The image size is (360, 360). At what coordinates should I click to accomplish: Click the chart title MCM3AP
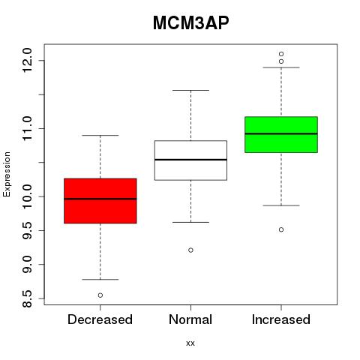point(190,23)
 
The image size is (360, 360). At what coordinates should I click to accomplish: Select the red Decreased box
point(100,201)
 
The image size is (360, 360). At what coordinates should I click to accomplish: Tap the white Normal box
point(190,160)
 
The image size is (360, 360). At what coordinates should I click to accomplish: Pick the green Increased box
point(281,134)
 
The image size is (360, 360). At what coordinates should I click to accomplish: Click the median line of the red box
point(100,199)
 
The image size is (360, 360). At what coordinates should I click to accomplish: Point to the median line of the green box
point(281,133)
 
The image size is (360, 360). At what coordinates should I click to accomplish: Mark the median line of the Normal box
point(190,160)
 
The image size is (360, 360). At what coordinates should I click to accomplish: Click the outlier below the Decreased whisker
point(100,295)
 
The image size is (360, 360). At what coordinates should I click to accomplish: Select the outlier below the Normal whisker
point(190,250)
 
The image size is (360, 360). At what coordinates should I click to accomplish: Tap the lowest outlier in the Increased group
point(281,229)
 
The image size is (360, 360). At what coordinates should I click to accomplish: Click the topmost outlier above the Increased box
point(281,54)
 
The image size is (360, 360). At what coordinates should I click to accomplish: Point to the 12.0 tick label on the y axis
point(27,60)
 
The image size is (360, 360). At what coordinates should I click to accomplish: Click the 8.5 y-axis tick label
point(27,298)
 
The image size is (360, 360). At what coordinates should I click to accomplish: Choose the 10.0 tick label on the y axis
point(27,196)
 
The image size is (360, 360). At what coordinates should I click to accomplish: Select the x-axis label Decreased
point(100,319)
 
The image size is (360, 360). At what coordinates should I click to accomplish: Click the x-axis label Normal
point(190,319)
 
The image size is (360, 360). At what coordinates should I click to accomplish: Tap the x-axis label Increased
point(281,319)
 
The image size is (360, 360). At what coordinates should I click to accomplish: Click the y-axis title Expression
point(7,174)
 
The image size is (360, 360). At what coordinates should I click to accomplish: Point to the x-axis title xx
point(190,343)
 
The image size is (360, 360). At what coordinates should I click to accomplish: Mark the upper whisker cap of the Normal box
point(190,90)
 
